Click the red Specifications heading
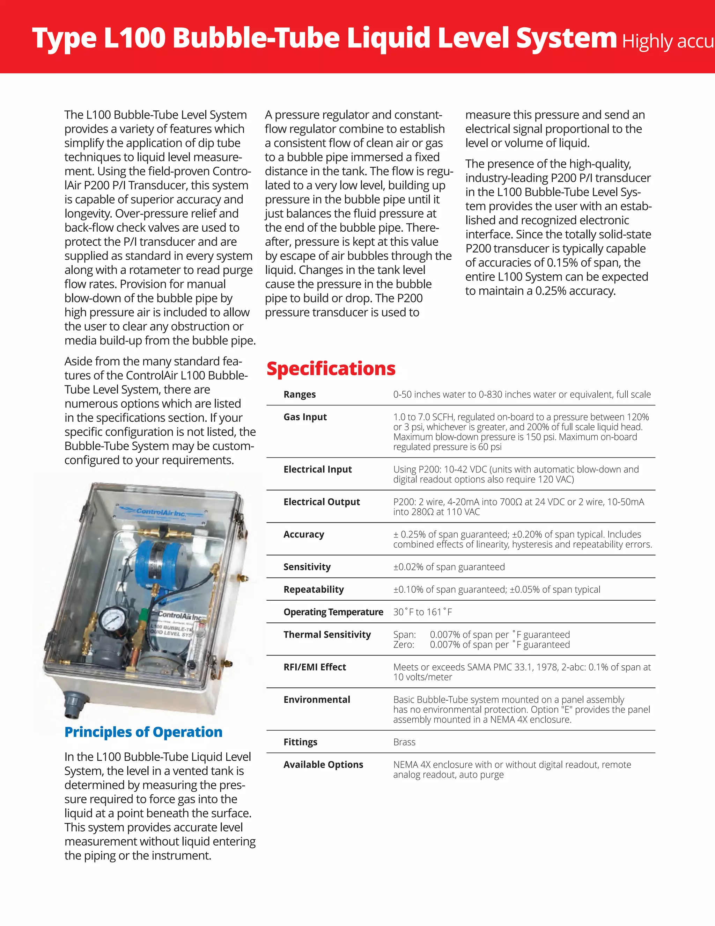331,369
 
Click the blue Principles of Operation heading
143,732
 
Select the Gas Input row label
305,417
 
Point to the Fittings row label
300,742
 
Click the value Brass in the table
404,742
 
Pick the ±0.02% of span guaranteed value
449,567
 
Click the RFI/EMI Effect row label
315,667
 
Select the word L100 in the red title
134,37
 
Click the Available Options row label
323,765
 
